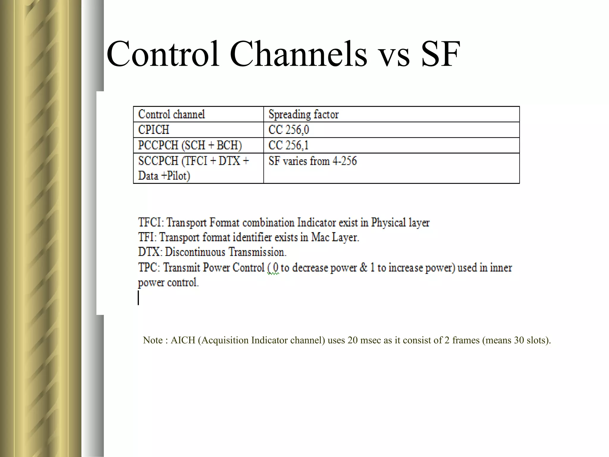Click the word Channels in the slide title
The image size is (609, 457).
click(299, 54)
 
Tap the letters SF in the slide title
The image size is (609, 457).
click(441, 54)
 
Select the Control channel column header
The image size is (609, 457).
click(172, 114)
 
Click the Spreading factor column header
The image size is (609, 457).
click(303, 114)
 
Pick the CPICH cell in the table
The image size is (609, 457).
click(154, 130)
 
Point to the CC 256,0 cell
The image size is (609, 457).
click(288, 130)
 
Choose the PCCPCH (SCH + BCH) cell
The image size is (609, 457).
click(190, 145)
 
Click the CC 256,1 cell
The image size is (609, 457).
click(288, 145)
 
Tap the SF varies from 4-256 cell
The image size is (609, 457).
click(312, 161)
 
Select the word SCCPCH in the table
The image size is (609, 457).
click(158, 161)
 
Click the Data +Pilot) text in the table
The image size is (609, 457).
click(164, 176)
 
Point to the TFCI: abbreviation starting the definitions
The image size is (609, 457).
click(151, 223)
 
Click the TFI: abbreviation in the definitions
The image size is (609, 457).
click(147, 237)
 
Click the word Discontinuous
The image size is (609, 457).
click(195, 252)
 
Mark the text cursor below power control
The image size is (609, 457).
click(138, 298)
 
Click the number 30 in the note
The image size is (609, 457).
click(519, 340)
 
